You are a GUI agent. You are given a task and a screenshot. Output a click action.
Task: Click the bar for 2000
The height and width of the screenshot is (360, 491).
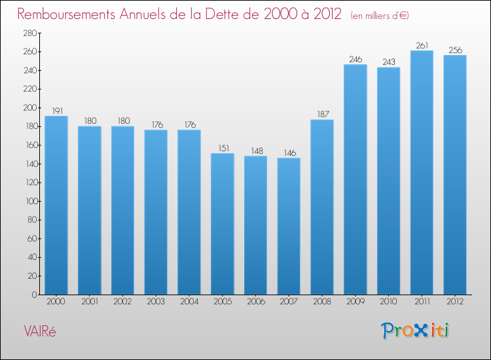coord(56,206)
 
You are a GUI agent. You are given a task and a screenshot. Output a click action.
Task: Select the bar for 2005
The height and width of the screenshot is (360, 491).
coord(223,224)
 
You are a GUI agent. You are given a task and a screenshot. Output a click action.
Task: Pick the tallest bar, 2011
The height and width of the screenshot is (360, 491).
coord(422,173)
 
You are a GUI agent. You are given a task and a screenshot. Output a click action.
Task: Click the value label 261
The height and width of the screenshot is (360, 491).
coord(422,46)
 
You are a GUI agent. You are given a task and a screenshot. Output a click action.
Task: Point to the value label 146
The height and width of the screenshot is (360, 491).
coord(289,153)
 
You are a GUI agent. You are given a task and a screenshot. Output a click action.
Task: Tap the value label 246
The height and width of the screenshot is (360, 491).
coord(355,60)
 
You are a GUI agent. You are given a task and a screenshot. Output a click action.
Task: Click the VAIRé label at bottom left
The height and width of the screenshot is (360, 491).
coord(40,331)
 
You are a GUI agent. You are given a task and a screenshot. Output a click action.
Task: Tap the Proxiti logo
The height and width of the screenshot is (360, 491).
coord(416,331)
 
